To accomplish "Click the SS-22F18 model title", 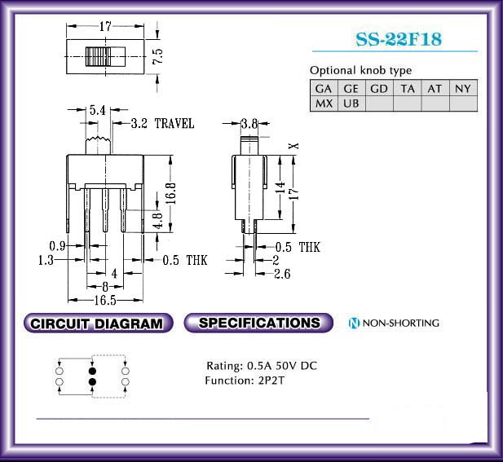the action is pos(399,39).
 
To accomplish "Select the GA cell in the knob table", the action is pos(324,88).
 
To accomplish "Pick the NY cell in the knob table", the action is pos(463,88).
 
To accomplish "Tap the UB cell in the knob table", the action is pos(351,103).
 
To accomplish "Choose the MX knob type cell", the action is pos(324,103).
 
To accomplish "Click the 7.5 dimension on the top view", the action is pos(158,56).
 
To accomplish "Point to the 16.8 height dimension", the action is pos(171,193).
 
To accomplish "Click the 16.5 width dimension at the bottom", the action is pos(105,301).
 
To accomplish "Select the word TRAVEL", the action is pos(174,124).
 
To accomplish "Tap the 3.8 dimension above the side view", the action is pos(249,123).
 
